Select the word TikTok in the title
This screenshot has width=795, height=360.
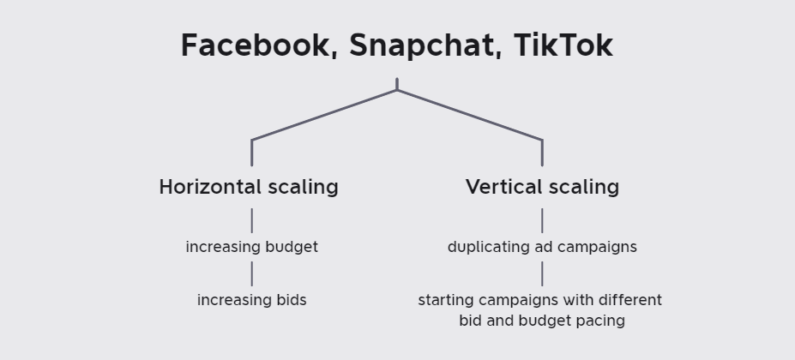pyautogui.click(x=563, y=45)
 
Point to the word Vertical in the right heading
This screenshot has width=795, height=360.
pyautogui.click(x=504, y=187)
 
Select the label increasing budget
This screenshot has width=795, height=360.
pyautogui.click(x=252, y=248)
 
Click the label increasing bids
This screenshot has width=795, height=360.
pyautogui.click(x=252, y=300)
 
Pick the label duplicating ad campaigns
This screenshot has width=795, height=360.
pyautogui.click(x=543, y=248)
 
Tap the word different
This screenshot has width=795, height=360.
pyautogui.click(x=630, y=300)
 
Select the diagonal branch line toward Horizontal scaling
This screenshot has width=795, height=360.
pyautogui.click(x=324, y=115)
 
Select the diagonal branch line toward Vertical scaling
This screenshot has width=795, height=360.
pyautogui.click(x=470, y=115)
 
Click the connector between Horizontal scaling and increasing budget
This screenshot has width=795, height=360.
pyautogui.click(x=252, y=220)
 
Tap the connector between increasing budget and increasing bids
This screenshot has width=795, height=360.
pyautogui.click(x=252, y=273)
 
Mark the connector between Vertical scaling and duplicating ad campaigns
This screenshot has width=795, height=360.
pyautogui.click(x=543, y=220)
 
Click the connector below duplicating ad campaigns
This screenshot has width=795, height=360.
pyautogui.click(x=543, y=273)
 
